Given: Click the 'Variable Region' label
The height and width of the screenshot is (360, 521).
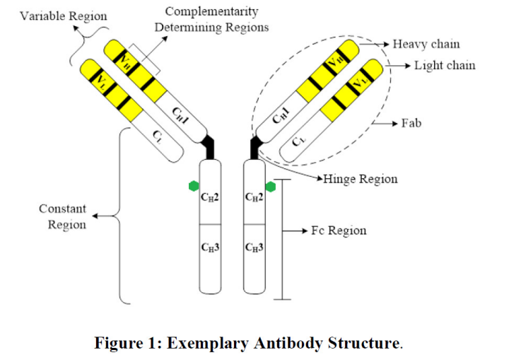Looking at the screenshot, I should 64,16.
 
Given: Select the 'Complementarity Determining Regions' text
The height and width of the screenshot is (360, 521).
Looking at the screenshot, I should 212,20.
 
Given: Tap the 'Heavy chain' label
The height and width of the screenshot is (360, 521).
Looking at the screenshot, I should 426,45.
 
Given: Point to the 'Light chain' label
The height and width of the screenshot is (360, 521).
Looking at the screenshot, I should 445,66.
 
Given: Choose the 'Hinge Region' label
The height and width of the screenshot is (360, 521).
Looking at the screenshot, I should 361,179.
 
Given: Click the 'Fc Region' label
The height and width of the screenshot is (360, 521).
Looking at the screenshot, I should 339,231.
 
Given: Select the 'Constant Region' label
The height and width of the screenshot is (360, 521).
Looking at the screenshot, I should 62,217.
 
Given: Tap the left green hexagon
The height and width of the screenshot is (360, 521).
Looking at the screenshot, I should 194,186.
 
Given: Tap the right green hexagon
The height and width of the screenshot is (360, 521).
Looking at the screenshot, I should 270,187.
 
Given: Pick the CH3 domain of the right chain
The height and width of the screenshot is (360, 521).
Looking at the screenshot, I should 254,248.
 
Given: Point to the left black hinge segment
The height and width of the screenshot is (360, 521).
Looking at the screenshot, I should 209,148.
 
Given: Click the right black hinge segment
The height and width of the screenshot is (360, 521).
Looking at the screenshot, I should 255,148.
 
